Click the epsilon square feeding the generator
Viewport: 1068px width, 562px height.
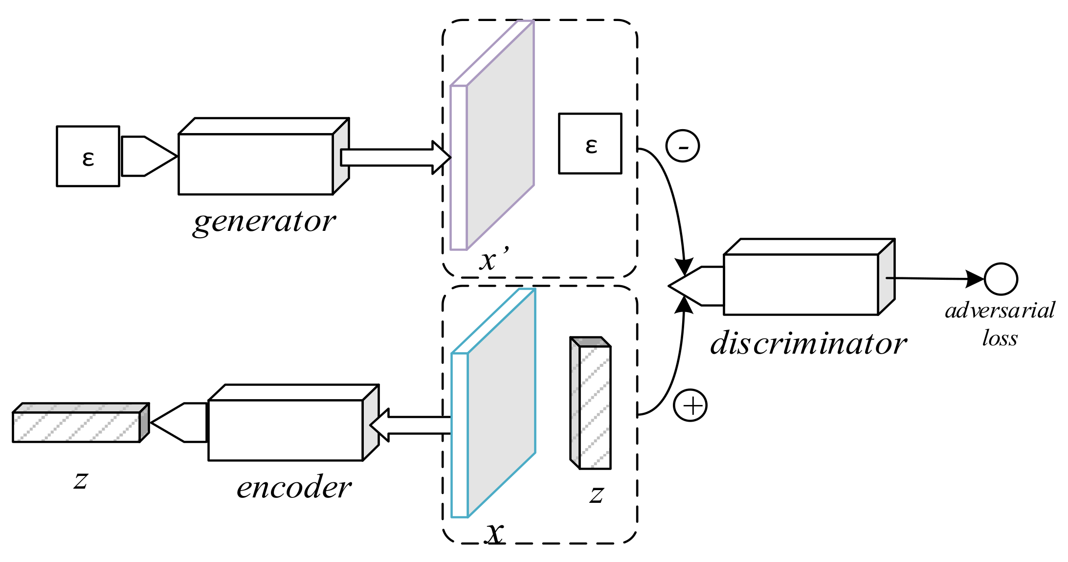(x=88, y=157)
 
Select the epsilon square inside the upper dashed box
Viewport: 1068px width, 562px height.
(x=590, y=144)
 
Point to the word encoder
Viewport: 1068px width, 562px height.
(x=294, y=488)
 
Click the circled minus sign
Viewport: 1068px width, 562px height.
(x=683, y=146)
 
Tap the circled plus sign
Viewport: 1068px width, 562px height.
(x=690, y=405)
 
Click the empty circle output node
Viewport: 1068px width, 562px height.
(x=1001, y=279)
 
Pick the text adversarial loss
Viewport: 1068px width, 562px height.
(x=1000, y=324)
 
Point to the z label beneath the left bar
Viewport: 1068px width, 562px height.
(x=81, y=480)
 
